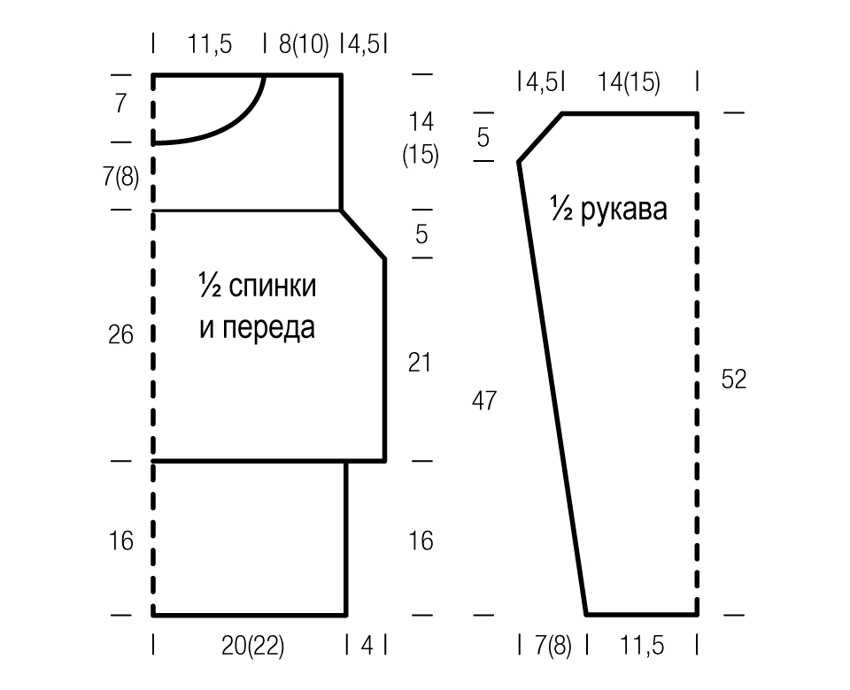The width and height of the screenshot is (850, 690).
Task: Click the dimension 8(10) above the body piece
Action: tap(304, 44)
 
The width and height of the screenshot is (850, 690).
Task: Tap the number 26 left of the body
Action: tap(120, 334)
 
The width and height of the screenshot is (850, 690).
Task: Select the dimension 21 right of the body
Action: tap(420, 363)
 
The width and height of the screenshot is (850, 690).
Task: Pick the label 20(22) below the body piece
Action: tap(252, 646)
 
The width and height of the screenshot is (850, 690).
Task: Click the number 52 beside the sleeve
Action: tap(734, 379)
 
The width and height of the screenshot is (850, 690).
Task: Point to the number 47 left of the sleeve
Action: tap(484, 401)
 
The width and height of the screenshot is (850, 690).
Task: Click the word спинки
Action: tap(272, 286)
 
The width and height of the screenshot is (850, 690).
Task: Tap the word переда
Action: tap(269, 327)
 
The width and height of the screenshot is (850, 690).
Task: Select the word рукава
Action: tap(623, 210)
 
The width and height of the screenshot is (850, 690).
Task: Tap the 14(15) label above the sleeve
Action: tap(629, 83)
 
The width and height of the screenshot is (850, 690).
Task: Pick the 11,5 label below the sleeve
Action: tap(642, 646)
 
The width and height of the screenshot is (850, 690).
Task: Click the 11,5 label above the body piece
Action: tap(209, 44)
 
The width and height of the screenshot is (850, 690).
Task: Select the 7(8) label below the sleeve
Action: tap(552, 646)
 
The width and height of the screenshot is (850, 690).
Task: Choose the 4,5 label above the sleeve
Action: tap(541, 82)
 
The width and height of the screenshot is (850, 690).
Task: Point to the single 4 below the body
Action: tap(367, 645)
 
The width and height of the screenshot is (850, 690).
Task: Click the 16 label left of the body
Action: tap(120, 541)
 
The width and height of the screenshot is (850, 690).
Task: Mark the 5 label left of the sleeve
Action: tap(483, 137)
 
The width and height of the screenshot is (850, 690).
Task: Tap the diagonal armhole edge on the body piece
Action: tap(363, 234)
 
